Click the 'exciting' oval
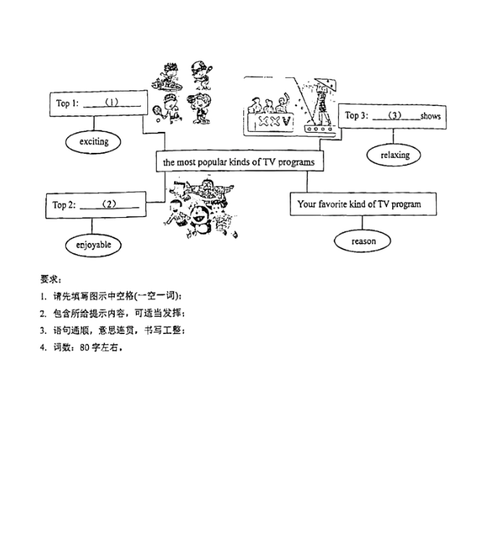[x=93, y=142]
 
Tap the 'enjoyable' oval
[x=93, y=245]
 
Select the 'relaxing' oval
[x=394, y=155]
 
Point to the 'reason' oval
[x=363, y=241]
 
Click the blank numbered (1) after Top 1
[x=112, y=103]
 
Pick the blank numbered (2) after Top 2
[x=109, y=204]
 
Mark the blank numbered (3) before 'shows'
[x=396, y=115]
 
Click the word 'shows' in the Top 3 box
[x=430, y=116]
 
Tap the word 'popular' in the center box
[x=212, y=162]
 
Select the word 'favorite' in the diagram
[x=333, y=203]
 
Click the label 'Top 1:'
[x=67, y=103]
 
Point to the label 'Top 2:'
[x=64, y=205]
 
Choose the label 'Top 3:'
[x=357, y=115]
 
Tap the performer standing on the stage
[x=322, y=103]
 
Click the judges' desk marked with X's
[x=270, y=122]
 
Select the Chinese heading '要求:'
[x=51, y=279]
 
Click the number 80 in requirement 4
[x=84, y=348]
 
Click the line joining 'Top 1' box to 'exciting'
[x=94, y=123]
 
